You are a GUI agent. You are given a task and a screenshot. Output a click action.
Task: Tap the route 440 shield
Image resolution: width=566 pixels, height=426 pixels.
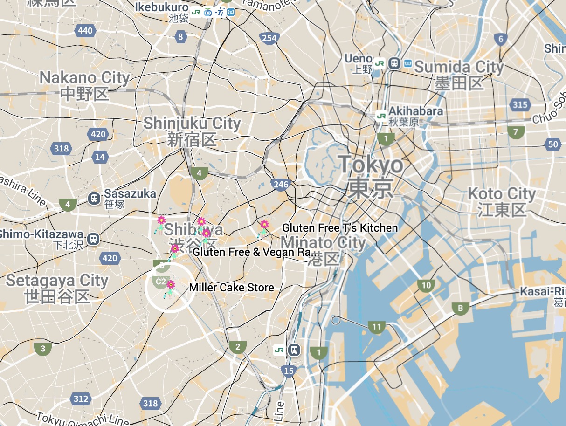(85, 31)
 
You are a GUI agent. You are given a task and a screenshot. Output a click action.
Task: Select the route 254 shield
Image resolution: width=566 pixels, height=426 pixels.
(269, 38)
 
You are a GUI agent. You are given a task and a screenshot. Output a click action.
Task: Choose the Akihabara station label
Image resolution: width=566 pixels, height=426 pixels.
(415, 112)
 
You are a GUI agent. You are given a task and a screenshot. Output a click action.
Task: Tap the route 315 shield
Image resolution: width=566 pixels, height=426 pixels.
(520, 104)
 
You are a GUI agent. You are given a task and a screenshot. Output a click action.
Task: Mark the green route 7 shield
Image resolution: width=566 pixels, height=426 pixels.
(515, 132)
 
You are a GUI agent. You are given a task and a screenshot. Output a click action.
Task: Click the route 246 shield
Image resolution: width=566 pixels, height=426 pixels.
(281, 185)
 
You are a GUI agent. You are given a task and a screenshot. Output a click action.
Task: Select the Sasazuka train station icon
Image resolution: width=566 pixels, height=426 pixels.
(94, 199)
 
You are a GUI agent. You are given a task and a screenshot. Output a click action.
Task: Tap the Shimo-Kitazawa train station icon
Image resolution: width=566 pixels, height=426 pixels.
(94, 239)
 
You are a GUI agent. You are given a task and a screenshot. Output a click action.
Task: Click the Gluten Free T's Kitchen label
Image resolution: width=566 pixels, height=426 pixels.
(340, 228)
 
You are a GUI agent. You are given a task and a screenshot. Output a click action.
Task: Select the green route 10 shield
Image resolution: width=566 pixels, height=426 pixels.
(426, 286)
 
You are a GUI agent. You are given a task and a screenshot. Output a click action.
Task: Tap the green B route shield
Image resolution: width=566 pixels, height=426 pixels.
(460, 308)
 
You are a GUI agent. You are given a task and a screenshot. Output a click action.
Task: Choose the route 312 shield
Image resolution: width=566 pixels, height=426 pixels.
(81, 399)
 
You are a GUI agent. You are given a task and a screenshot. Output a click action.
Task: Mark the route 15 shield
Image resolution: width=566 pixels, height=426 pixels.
(289, 371)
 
